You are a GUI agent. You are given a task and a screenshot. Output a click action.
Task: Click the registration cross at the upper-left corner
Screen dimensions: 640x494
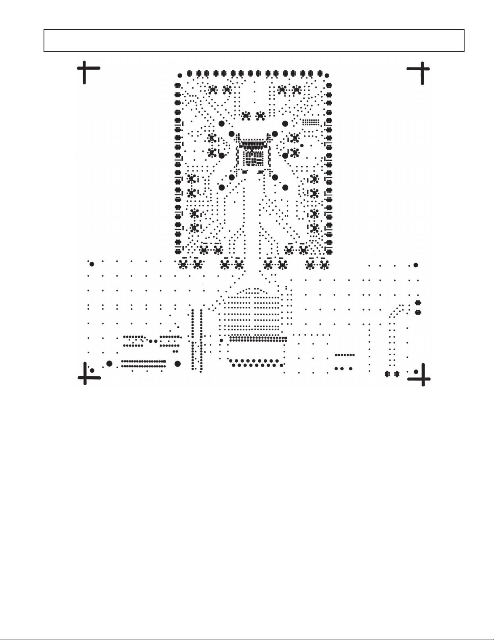85,69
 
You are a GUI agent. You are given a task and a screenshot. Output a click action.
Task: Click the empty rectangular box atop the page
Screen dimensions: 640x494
254,40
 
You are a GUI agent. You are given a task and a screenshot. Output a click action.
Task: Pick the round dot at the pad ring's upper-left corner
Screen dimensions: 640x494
180,75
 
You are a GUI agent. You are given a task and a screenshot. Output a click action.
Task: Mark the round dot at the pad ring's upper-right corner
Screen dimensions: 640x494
327,75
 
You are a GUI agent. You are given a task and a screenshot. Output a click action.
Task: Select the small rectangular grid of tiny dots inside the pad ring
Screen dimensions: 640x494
311,122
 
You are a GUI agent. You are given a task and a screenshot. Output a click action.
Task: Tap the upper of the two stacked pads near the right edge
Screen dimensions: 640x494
418,303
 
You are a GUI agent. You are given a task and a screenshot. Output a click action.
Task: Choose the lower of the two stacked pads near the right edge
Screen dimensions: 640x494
418,312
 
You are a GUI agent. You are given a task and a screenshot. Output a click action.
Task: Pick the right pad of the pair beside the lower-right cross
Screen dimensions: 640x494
397,374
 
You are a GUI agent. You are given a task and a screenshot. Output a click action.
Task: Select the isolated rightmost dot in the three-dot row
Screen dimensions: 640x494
351,369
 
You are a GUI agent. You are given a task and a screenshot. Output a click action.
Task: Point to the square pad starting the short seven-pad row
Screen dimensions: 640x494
336,355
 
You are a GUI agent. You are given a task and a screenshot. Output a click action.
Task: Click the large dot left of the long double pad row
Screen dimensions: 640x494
109,363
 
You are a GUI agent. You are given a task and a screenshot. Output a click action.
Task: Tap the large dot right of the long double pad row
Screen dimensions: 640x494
178,363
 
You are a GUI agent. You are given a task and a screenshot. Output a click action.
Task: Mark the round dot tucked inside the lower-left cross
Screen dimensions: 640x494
92,370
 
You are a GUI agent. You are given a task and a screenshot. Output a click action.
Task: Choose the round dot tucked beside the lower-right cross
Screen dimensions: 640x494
416,371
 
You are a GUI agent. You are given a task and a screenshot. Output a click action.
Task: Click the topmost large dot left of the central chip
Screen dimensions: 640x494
221,124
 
